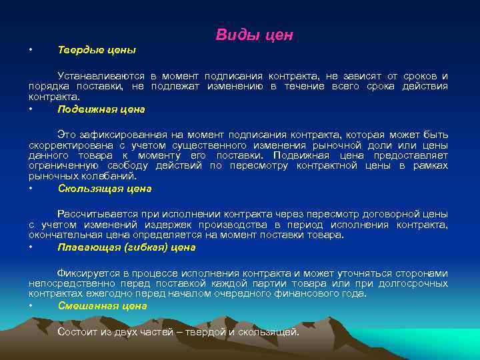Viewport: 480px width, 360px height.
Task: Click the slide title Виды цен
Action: tap(254, 35)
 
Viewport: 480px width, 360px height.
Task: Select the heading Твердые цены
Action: tap(97, 50)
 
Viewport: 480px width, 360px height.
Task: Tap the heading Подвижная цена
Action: tap(101, 109)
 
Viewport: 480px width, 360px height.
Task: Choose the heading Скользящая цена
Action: tap(105, 189)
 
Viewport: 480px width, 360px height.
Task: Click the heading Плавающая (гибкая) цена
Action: tap(127, 247)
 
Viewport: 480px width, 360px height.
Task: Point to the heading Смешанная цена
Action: tap(102, 306)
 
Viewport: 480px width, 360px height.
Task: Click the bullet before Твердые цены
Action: tap(31, 50)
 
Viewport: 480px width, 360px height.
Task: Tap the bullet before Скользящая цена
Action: tap(31, 189)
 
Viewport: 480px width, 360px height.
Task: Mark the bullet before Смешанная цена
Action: tap(31, 306)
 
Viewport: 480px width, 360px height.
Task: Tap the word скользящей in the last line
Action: tap(273, 332)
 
